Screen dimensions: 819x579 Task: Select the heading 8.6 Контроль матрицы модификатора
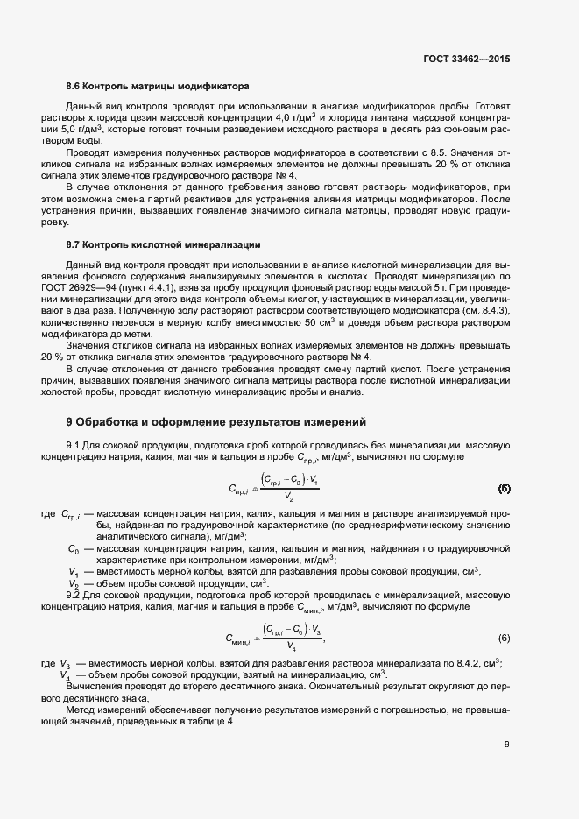click(158, 87)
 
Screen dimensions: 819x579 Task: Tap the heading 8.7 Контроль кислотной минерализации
click(162, 243)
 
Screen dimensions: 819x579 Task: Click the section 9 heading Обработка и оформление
click(215, 421)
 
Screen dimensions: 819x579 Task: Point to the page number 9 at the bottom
click(507, 745)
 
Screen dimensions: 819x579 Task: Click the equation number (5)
click(504, 488)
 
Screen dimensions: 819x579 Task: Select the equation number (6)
click(504, 635)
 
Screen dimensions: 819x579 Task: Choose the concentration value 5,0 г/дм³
click(95, 129)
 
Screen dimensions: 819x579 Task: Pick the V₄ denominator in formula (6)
click(291, 647)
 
